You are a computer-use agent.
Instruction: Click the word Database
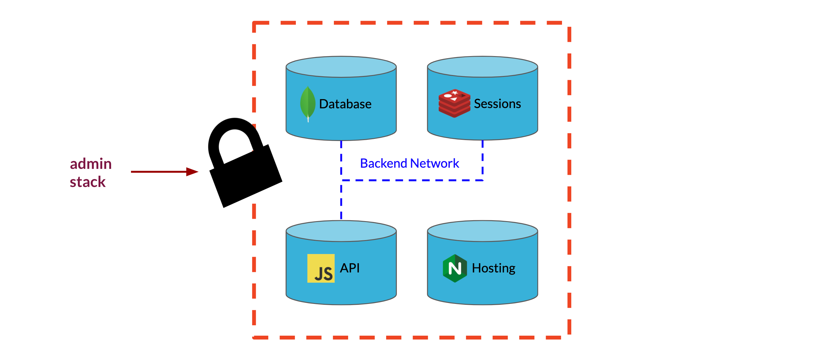coord(345,104)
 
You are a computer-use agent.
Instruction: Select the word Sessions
coord(498,104)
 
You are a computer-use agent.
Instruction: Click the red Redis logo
coord(454,103)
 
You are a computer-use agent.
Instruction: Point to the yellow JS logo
coord(321,268)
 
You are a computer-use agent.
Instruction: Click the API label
coord(350,268)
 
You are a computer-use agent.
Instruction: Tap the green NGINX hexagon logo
coord(455,268)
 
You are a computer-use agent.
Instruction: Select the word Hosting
coord(494,268)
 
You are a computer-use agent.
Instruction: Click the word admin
coord(91,164)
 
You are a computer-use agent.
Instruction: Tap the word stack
coord(88,182)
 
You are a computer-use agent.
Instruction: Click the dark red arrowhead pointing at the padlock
coord(192,172)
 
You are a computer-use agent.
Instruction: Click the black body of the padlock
coord(246,176)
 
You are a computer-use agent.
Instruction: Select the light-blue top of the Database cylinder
coord(341,67)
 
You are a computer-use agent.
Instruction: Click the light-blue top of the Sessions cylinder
coord(482,67)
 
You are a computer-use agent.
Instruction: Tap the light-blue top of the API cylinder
coord(341,231)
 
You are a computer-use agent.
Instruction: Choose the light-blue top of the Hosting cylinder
coord(482,231)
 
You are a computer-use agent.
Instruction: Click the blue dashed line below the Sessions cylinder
coord(483,160)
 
